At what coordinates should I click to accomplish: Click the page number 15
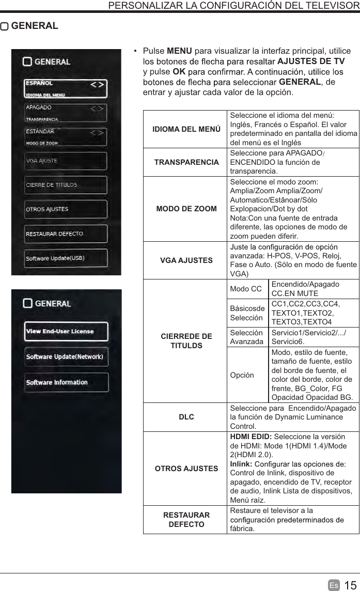tap(350, 585)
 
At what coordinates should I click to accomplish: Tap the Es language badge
tap(334, 585)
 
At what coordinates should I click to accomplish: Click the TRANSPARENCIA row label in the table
tap(186, 162)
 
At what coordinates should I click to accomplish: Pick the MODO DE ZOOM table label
tap(186, 209)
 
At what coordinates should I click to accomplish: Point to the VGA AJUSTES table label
tap(186, 260)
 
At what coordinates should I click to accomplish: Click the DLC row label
tap(186, 416)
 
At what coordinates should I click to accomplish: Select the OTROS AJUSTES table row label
tap(186, 469)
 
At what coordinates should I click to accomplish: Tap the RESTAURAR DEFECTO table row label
tap(186, 520)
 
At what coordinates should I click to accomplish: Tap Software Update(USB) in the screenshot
tap(55, 258)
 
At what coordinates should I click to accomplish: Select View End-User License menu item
tap(60, 331)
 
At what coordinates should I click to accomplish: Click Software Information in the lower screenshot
tap(57, 382)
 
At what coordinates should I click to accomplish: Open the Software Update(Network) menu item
tap(65, 357)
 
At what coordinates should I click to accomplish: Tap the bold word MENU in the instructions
tap(176, 51)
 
